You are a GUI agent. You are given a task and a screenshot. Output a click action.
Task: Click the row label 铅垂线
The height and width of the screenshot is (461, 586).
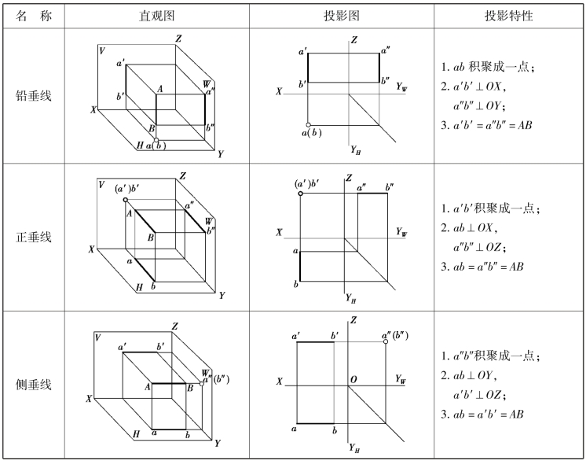(34, 96)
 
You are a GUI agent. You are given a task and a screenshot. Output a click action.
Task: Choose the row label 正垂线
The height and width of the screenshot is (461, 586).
(34, 237)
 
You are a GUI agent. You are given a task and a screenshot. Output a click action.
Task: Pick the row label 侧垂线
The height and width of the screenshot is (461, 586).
(34, 385)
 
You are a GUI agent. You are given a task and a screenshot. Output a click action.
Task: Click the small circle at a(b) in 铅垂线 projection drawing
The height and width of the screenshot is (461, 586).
(308, 124)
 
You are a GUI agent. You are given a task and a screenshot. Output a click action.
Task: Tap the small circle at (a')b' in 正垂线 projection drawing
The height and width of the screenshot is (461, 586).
(300, 193)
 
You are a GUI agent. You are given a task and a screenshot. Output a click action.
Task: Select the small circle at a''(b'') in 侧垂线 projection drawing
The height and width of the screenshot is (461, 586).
(386, 342)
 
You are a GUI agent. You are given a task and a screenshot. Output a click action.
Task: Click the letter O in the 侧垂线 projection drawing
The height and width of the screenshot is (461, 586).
(354, 380)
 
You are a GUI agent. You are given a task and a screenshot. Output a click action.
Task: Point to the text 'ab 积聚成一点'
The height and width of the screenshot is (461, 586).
(489, 68)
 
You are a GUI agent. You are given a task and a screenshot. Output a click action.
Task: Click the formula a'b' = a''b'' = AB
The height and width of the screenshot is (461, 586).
(488, 125)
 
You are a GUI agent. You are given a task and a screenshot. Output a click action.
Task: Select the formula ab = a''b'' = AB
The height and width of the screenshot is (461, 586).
(488, 267)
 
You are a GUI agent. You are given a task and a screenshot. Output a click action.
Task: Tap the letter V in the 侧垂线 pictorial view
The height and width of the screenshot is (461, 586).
(97, 337)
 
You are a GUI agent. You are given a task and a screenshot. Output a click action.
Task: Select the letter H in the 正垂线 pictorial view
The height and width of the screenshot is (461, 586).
(139, 288)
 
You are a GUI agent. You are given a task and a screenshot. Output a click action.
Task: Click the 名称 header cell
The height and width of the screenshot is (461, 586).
(34, 15)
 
